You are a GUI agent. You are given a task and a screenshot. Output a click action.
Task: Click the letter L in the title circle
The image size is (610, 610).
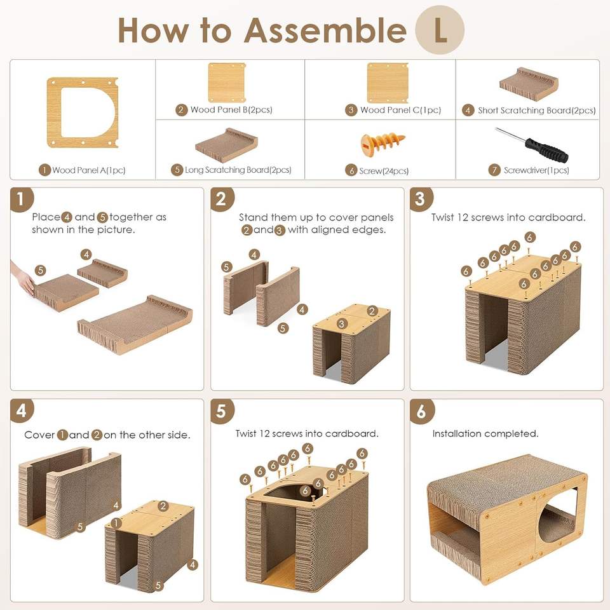coord(440,31)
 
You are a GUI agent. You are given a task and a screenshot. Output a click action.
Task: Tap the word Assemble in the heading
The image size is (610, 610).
coord(325,30)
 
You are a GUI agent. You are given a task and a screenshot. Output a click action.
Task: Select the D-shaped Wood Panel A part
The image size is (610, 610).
coord(83,112)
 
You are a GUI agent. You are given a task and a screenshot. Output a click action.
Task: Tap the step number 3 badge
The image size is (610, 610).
coord(421,199)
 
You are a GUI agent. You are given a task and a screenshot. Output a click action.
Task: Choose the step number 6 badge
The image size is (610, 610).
coord(422,411)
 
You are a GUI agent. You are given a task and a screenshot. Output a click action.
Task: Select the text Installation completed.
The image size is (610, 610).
coord(485,433)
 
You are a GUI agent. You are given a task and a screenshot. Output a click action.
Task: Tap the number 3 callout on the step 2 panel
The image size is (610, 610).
coord(342,323)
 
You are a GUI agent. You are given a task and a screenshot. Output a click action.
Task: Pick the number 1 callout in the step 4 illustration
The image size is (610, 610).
coord(116,523)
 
